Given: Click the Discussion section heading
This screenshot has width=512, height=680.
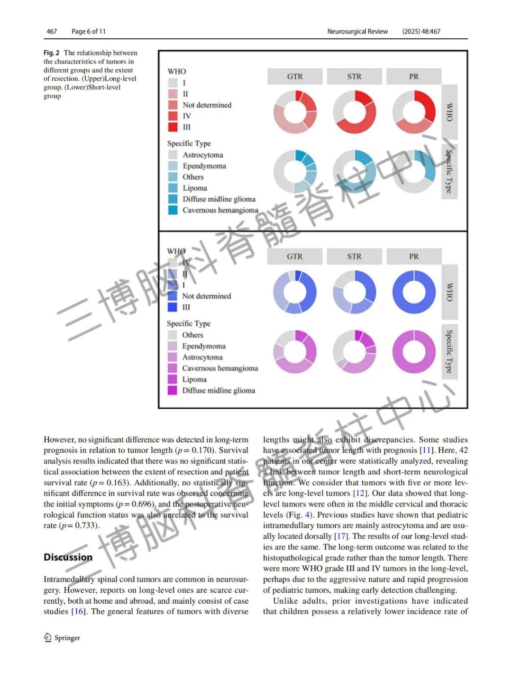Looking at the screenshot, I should click(x=68, y=557).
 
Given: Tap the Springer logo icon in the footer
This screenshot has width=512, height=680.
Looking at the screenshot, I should click(x=47, y=638).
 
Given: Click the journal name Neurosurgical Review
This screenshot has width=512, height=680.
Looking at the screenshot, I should click(x=357, y=31).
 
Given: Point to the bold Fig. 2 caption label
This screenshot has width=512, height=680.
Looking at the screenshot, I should click(x=51, y=53).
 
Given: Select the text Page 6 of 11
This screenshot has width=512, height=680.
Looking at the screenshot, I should click(x=89, y=31).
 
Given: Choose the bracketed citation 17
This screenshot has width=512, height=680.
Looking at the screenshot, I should click(x=341, y=536).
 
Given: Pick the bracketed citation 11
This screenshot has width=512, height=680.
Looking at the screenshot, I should click(x=426, y=450).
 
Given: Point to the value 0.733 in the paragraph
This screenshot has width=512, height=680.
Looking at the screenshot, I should click(x=86, y=525).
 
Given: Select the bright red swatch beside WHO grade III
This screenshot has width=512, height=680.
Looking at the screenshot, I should click(x=173, y=127).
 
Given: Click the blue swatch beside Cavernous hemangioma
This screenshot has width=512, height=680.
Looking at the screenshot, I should click(x=173, y=210).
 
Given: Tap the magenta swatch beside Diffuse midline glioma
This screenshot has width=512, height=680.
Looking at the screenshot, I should click(x=173, y=390).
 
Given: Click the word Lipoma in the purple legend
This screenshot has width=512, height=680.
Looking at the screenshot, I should click(x=194, y=379).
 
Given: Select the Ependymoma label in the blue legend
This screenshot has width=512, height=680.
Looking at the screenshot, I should click(x=204, y=166).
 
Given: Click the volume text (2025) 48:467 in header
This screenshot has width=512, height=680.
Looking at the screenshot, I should click(x=421, y=31).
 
